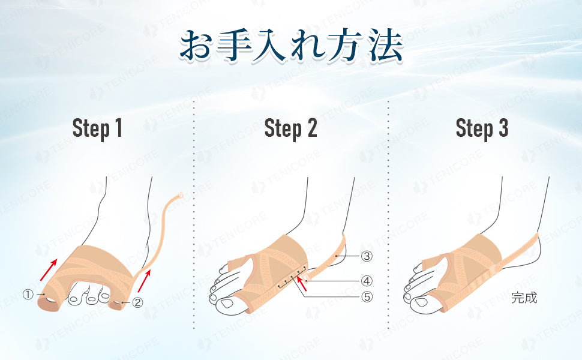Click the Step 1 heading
pos(97,128)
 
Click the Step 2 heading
pos(290,128)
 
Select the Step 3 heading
pos(482,128)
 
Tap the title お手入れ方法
pos(292,45)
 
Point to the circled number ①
pos(28,295)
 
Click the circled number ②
pos(137,302)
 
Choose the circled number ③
pos(367,256)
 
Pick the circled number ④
pos(367,281)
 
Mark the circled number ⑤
pos(367,296)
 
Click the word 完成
pos(524,298)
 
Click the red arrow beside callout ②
pos(145,281)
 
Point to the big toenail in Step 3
pos(421,302)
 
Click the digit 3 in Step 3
pos(503,128)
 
